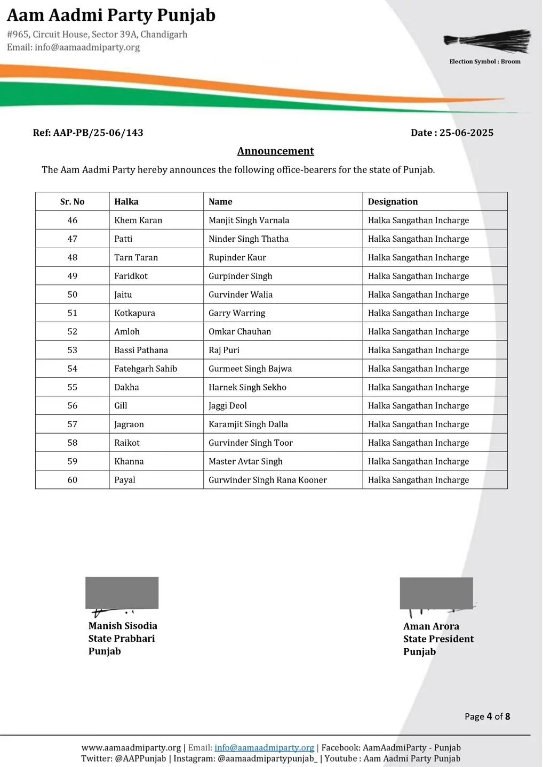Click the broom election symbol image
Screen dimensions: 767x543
click(488, 42)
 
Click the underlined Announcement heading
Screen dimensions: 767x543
click(275, 151)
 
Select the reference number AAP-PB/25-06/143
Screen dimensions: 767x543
click(98, 133)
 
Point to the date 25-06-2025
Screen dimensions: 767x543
click(466, 133)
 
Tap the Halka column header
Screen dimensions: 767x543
click(126, 202)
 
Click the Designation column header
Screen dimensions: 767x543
click(393, 202)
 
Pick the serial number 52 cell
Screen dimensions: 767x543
click(73, 331)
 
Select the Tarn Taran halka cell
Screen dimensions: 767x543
click(136, 257)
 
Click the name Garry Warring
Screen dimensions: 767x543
click(237, 313)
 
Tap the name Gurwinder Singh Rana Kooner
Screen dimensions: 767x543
click(268, 480)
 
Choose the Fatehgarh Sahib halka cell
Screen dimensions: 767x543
click(146, 369)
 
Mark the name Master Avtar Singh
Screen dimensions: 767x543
click(245, 461)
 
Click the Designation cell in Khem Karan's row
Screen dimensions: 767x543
click(418, 221)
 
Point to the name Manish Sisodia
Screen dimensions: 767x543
click(123, 626)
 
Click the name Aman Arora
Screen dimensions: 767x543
click(431, 626)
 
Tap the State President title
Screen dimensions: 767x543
click(438, 639)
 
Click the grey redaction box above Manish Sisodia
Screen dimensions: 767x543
click(122, 592)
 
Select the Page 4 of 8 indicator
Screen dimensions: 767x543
click(487, 716)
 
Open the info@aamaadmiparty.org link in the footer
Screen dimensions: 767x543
click(264, 748)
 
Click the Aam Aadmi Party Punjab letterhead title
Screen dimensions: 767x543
click(111, 15)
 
